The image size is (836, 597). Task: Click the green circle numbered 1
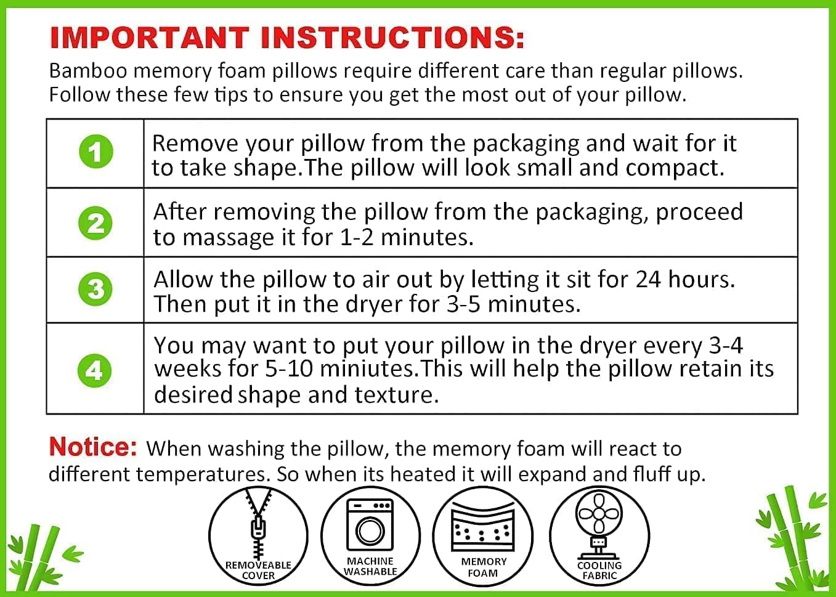(x=96, y=152)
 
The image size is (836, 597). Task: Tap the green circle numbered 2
(x=95, y=223)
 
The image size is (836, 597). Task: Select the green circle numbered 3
(x=95, y=289)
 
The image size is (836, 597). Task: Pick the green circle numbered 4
(x=95, y=370)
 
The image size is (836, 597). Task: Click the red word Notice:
(x=92, y=447)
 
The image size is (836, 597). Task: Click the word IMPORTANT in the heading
(x=150, y=38)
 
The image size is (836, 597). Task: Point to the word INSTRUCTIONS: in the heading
(x=392, y=38)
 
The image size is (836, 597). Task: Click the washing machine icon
(x=370, y=523)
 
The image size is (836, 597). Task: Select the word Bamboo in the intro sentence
(x=88, y=71)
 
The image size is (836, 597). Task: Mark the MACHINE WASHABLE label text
(x=370, y=566)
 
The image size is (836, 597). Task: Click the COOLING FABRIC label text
(x=599, y=571)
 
